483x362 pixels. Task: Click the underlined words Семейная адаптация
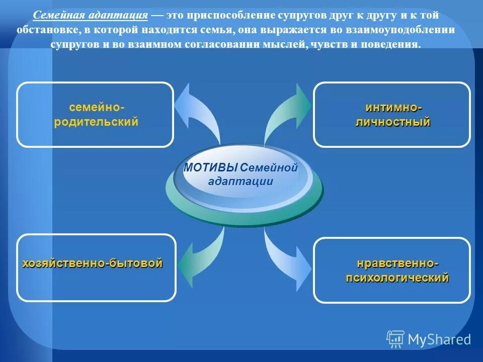(x=91, y=16)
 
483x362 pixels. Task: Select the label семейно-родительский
(x=96, y=115)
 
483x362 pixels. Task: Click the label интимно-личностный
(x=392, y=115)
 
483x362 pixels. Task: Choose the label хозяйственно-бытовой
(x=93, y=263)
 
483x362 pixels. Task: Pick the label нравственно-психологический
(x=397, y=270)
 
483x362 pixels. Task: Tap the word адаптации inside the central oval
(x=240, y=182)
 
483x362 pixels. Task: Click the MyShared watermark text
(x=439, y=339)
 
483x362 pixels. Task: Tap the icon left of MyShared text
(x=395, y=339)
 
